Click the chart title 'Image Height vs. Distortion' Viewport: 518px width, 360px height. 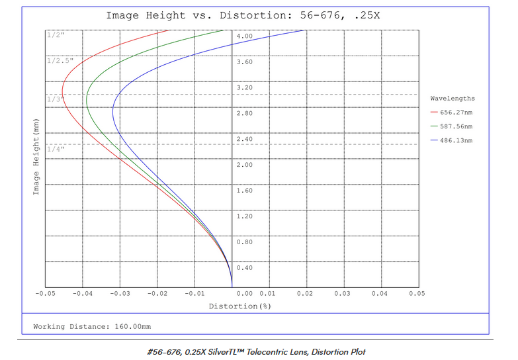(243, 15)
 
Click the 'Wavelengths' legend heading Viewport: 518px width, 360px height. (453, 99)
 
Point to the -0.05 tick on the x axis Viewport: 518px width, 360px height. (45, 292)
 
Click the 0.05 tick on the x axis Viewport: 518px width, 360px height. (417, 292)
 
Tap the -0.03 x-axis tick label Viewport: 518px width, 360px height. (119, 292)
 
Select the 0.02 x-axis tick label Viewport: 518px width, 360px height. (305, 292)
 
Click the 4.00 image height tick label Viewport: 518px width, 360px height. (245, 36)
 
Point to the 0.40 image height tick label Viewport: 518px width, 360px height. (245, 268)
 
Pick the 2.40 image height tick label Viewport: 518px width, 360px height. (245, 140)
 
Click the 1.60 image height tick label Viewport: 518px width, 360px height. (245, 191)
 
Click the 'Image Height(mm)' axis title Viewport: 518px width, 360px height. (36, 156)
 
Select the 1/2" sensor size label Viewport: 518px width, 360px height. (54, 35)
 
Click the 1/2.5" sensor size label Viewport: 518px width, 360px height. (58, 61)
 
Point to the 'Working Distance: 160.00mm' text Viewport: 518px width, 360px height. (92, 327)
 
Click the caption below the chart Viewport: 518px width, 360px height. (256, 351)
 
